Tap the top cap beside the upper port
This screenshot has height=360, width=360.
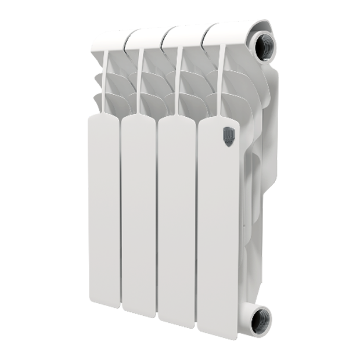224,32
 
